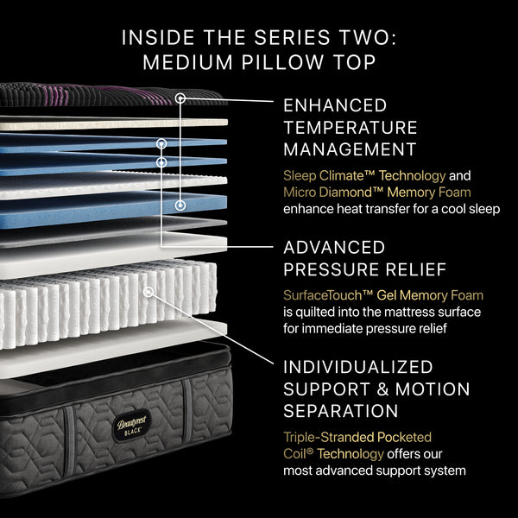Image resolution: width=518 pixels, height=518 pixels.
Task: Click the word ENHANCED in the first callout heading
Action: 335,106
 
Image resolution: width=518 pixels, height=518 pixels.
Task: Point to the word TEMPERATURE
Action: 351,128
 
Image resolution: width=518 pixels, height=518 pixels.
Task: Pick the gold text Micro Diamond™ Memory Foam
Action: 376,192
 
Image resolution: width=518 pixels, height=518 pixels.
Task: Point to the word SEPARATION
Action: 340,411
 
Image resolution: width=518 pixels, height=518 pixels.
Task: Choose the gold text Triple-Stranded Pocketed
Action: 357,438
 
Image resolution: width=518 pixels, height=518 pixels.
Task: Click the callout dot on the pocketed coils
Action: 148,292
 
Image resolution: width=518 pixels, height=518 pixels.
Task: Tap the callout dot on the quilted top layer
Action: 180,98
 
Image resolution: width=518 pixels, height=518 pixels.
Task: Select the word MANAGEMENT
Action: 350,149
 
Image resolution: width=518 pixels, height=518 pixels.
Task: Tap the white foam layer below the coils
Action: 112,341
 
